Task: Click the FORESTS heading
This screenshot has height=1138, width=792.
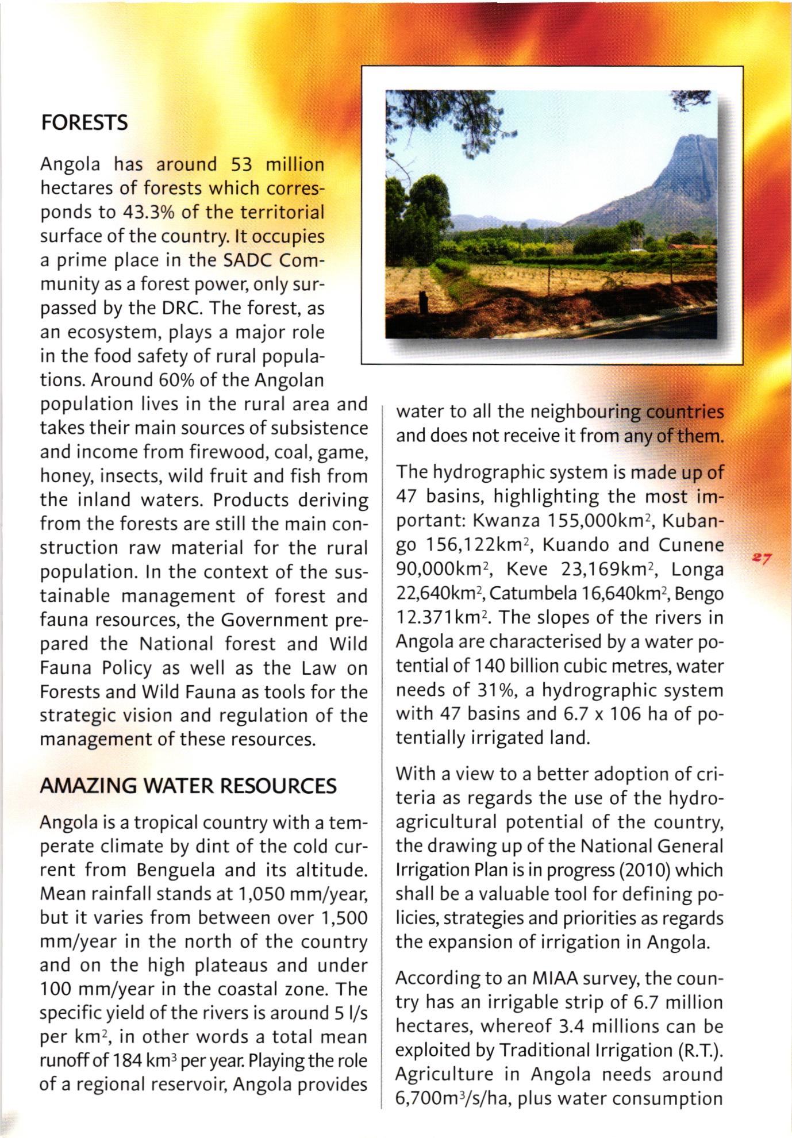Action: pos(84,123)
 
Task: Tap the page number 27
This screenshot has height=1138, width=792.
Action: pos(763,558)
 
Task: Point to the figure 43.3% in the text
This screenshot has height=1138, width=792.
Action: pos(149,213)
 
